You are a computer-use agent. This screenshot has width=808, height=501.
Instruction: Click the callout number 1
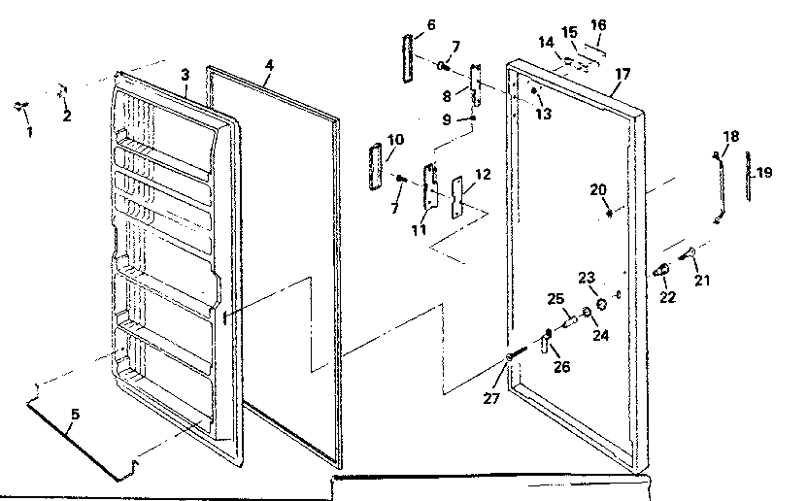point(28,131)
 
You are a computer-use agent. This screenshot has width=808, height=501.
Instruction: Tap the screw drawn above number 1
point(21,107)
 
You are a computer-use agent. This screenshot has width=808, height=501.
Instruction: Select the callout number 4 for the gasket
point(269,65)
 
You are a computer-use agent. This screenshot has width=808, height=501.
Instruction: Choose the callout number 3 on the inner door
point(184,75)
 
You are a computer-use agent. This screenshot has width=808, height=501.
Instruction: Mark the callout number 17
point(623,73)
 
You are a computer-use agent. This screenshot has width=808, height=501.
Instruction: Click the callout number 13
point(543,114)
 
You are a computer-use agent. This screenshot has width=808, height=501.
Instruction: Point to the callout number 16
point(598,24)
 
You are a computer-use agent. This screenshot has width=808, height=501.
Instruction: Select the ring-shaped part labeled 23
point(602,304)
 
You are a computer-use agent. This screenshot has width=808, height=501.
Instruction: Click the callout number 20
point(597,188)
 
